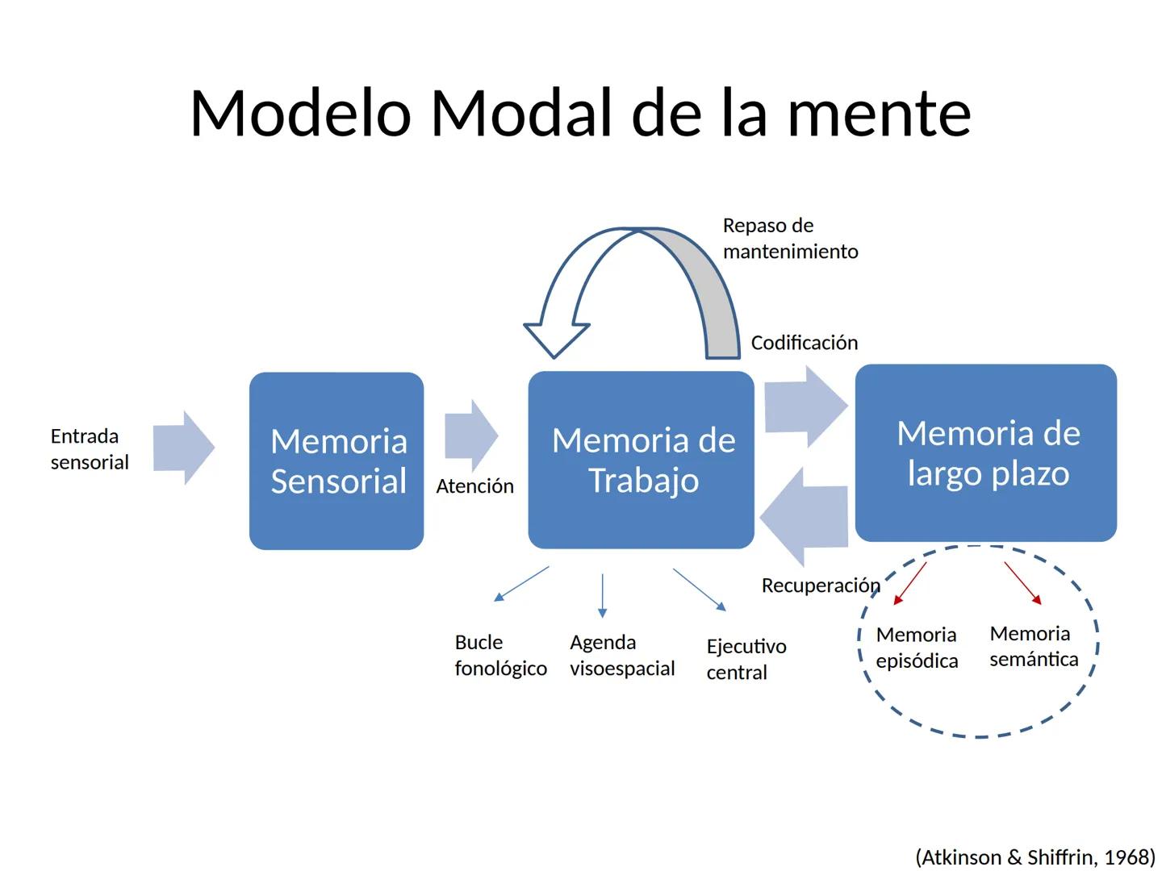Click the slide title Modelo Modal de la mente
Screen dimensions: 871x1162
click(x=580, y=113)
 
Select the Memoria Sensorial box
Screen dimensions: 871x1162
click(x=336, y=461)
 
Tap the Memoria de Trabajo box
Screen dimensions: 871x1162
click(x=642, y=460)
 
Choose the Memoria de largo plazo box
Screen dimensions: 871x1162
click(x=986, y=452)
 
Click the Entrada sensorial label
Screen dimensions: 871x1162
click(x=89, y=449)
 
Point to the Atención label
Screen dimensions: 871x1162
click(x=474, y=486)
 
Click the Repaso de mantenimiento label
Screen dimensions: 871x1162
click(x=789, y=239)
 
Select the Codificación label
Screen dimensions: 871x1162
click(x=804, y=343)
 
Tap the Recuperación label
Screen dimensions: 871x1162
click(x=820, y=586)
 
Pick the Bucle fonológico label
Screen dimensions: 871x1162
click(x=500, y=655)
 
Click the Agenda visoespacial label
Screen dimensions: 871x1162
click(x=621, y=655)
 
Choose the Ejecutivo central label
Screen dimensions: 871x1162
click(x=746, y=659)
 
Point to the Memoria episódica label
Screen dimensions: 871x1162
click(x=917, y=648)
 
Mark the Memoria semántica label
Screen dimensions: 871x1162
click(x=1034, y=646)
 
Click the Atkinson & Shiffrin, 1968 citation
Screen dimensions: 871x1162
click(x=1035, y=856)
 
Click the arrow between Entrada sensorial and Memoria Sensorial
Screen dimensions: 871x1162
click(x=183, y=448)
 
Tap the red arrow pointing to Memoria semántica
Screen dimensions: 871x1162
click(x=1022, y=582)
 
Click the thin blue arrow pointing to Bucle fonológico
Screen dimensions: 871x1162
click(x=521, y=583)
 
